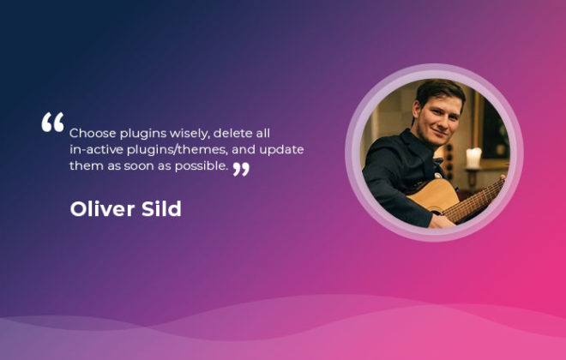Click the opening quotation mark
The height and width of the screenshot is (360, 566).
point(52,122)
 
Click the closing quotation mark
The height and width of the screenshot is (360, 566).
point(241,169)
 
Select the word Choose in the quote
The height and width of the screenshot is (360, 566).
point(93,133)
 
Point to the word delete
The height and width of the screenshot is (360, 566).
point(232,133)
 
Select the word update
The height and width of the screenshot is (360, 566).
point(281,150)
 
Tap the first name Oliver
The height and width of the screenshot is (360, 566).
point(102,208)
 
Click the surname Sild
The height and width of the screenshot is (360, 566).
point(161,208)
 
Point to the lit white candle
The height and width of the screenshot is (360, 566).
point(473,157)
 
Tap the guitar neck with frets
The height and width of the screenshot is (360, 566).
point(473,201)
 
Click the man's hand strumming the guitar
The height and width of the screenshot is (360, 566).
point(441,221)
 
